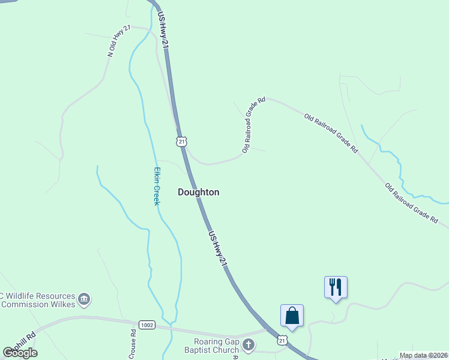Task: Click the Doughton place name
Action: (199, 192)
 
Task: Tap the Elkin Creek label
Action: (155, 186)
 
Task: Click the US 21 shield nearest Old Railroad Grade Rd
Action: (181, 141)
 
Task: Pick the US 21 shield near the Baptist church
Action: (282, 340)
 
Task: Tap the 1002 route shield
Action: (146, 325)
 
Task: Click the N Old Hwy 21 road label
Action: (119, 41)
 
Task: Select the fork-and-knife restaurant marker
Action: (336, 287)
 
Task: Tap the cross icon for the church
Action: (248, 345)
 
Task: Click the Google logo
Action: (20, 353)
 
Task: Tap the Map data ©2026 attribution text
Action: (423, 355)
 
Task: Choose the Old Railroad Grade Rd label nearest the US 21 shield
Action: (253, 125)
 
